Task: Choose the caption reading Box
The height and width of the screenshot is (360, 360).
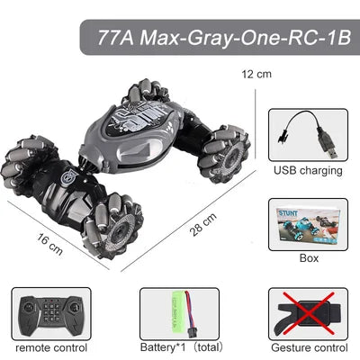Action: [x=309, y=258]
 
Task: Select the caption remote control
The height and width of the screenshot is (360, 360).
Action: [x=51, y=346]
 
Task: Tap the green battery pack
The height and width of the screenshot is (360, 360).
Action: [x=177, y=310]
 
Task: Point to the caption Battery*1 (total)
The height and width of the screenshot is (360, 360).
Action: [x=179, y=346]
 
